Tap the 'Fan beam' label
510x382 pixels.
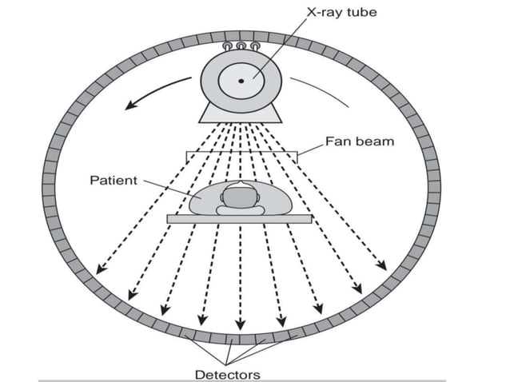click(x=360, y=141)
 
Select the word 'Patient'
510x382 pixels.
click(x=114, y=181)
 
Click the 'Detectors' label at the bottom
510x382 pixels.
click(x=228, y=373)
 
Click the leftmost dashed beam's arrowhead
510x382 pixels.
click(x=99, y=271)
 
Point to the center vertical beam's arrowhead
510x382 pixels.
click(x=241, y=327)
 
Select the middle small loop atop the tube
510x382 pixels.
click(x=241, y=47)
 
